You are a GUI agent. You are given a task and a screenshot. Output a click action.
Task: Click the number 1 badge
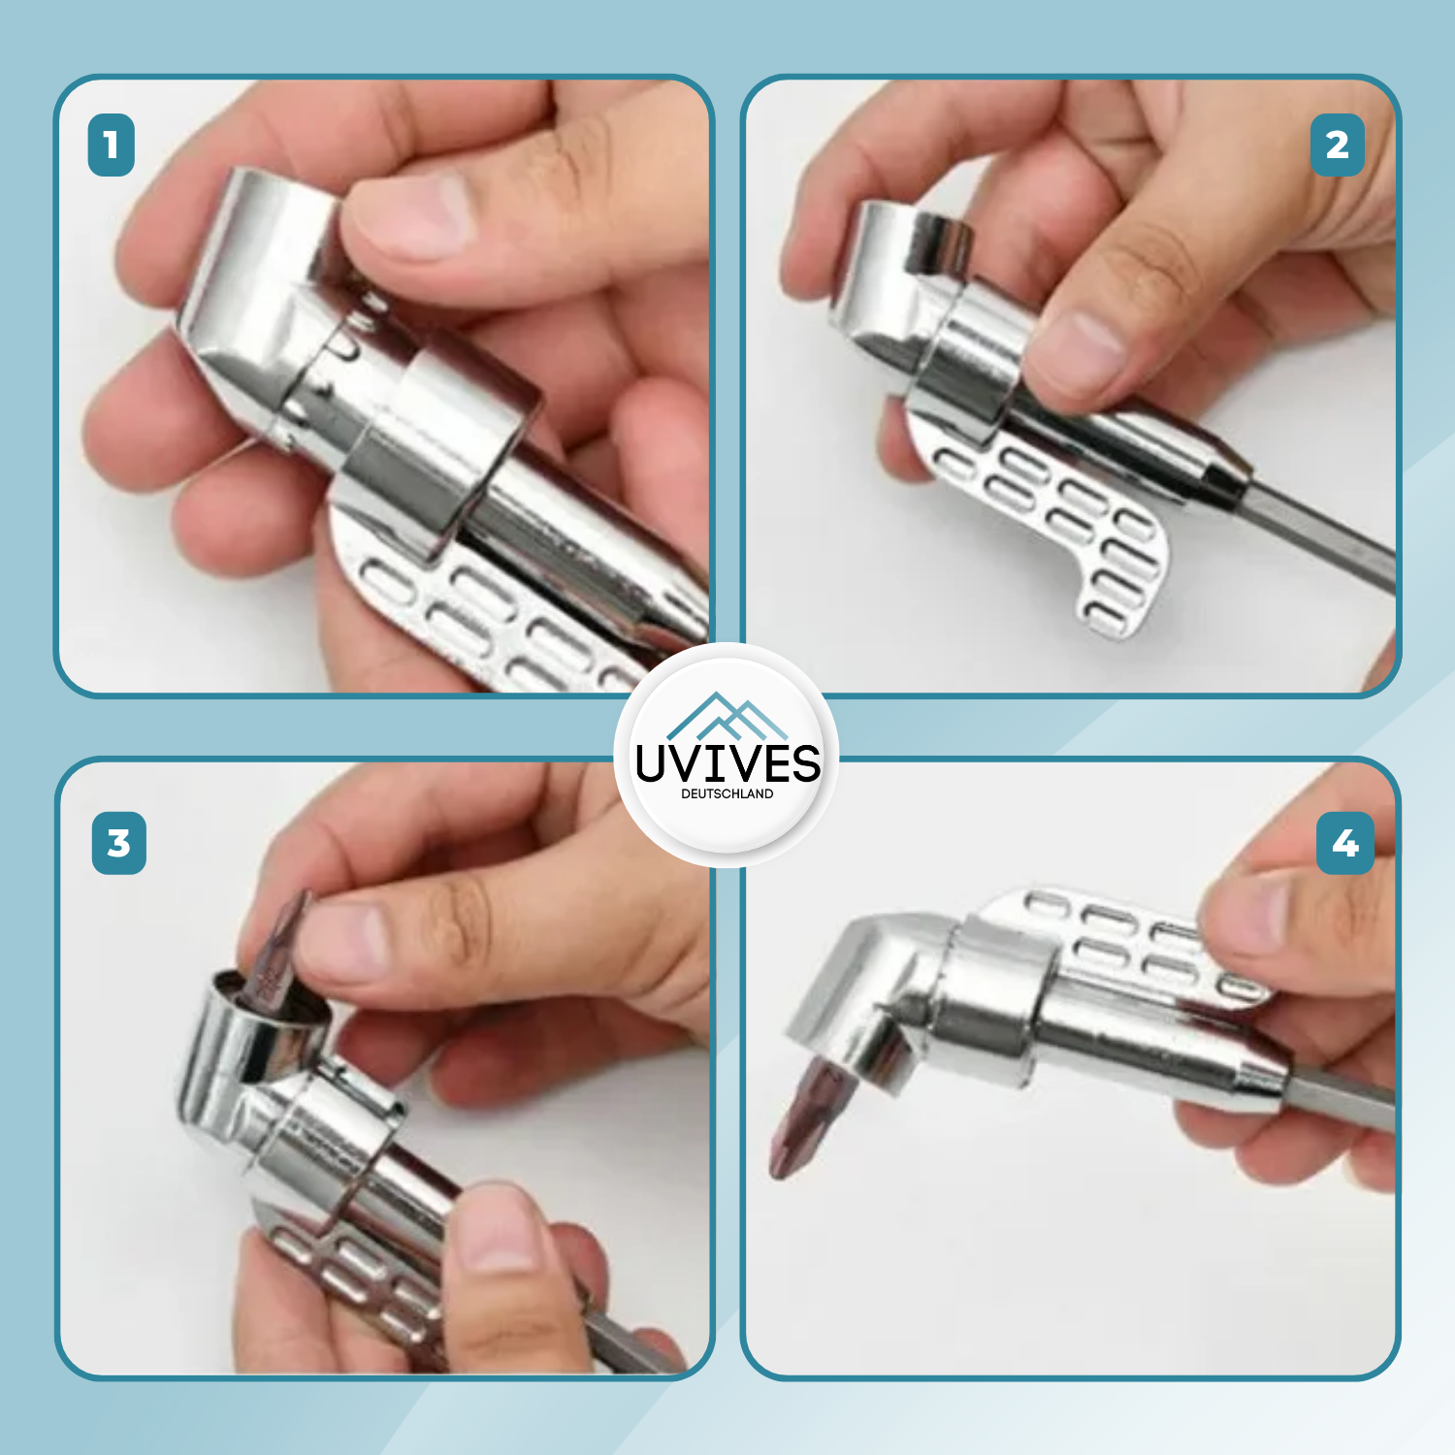click(111, 145)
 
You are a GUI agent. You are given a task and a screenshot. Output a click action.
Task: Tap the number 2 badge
click(1337, 145)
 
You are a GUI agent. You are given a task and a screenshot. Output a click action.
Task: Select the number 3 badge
click(118, 843)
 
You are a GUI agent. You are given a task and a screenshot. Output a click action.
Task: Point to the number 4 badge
click(1344, 843)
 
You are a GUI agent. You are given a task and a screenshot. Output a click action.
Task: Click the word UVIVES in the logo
click(727, 763)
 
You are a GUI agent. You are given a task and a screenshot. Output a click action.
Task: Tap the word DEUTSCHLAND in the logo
click(727, 793)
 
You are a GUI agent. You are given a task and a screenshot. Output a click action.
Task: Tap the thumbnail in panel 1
click(412, 213)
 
